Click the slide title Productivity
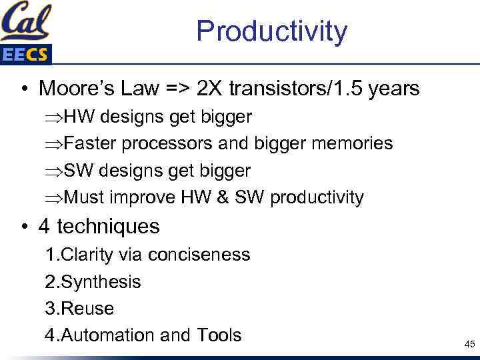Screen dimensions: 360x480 tap(271, 32)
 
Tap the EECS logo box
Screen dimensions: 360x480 tap(25, 55)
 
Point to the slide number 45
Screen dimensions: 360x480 tap(469, 345)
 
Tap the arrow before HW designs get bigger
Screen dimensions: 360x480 tap(54, 117)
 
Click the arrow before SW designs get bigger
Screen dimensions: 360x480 tap(54, 171)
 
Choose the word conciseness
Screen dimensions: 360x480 tap(199, 255)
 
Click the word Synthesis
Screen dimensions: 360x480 tap(101, 282)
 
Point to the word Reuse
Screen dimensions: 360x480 tap(87, 309)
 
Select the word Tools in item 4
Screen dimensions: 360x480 tap(219, 335)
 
